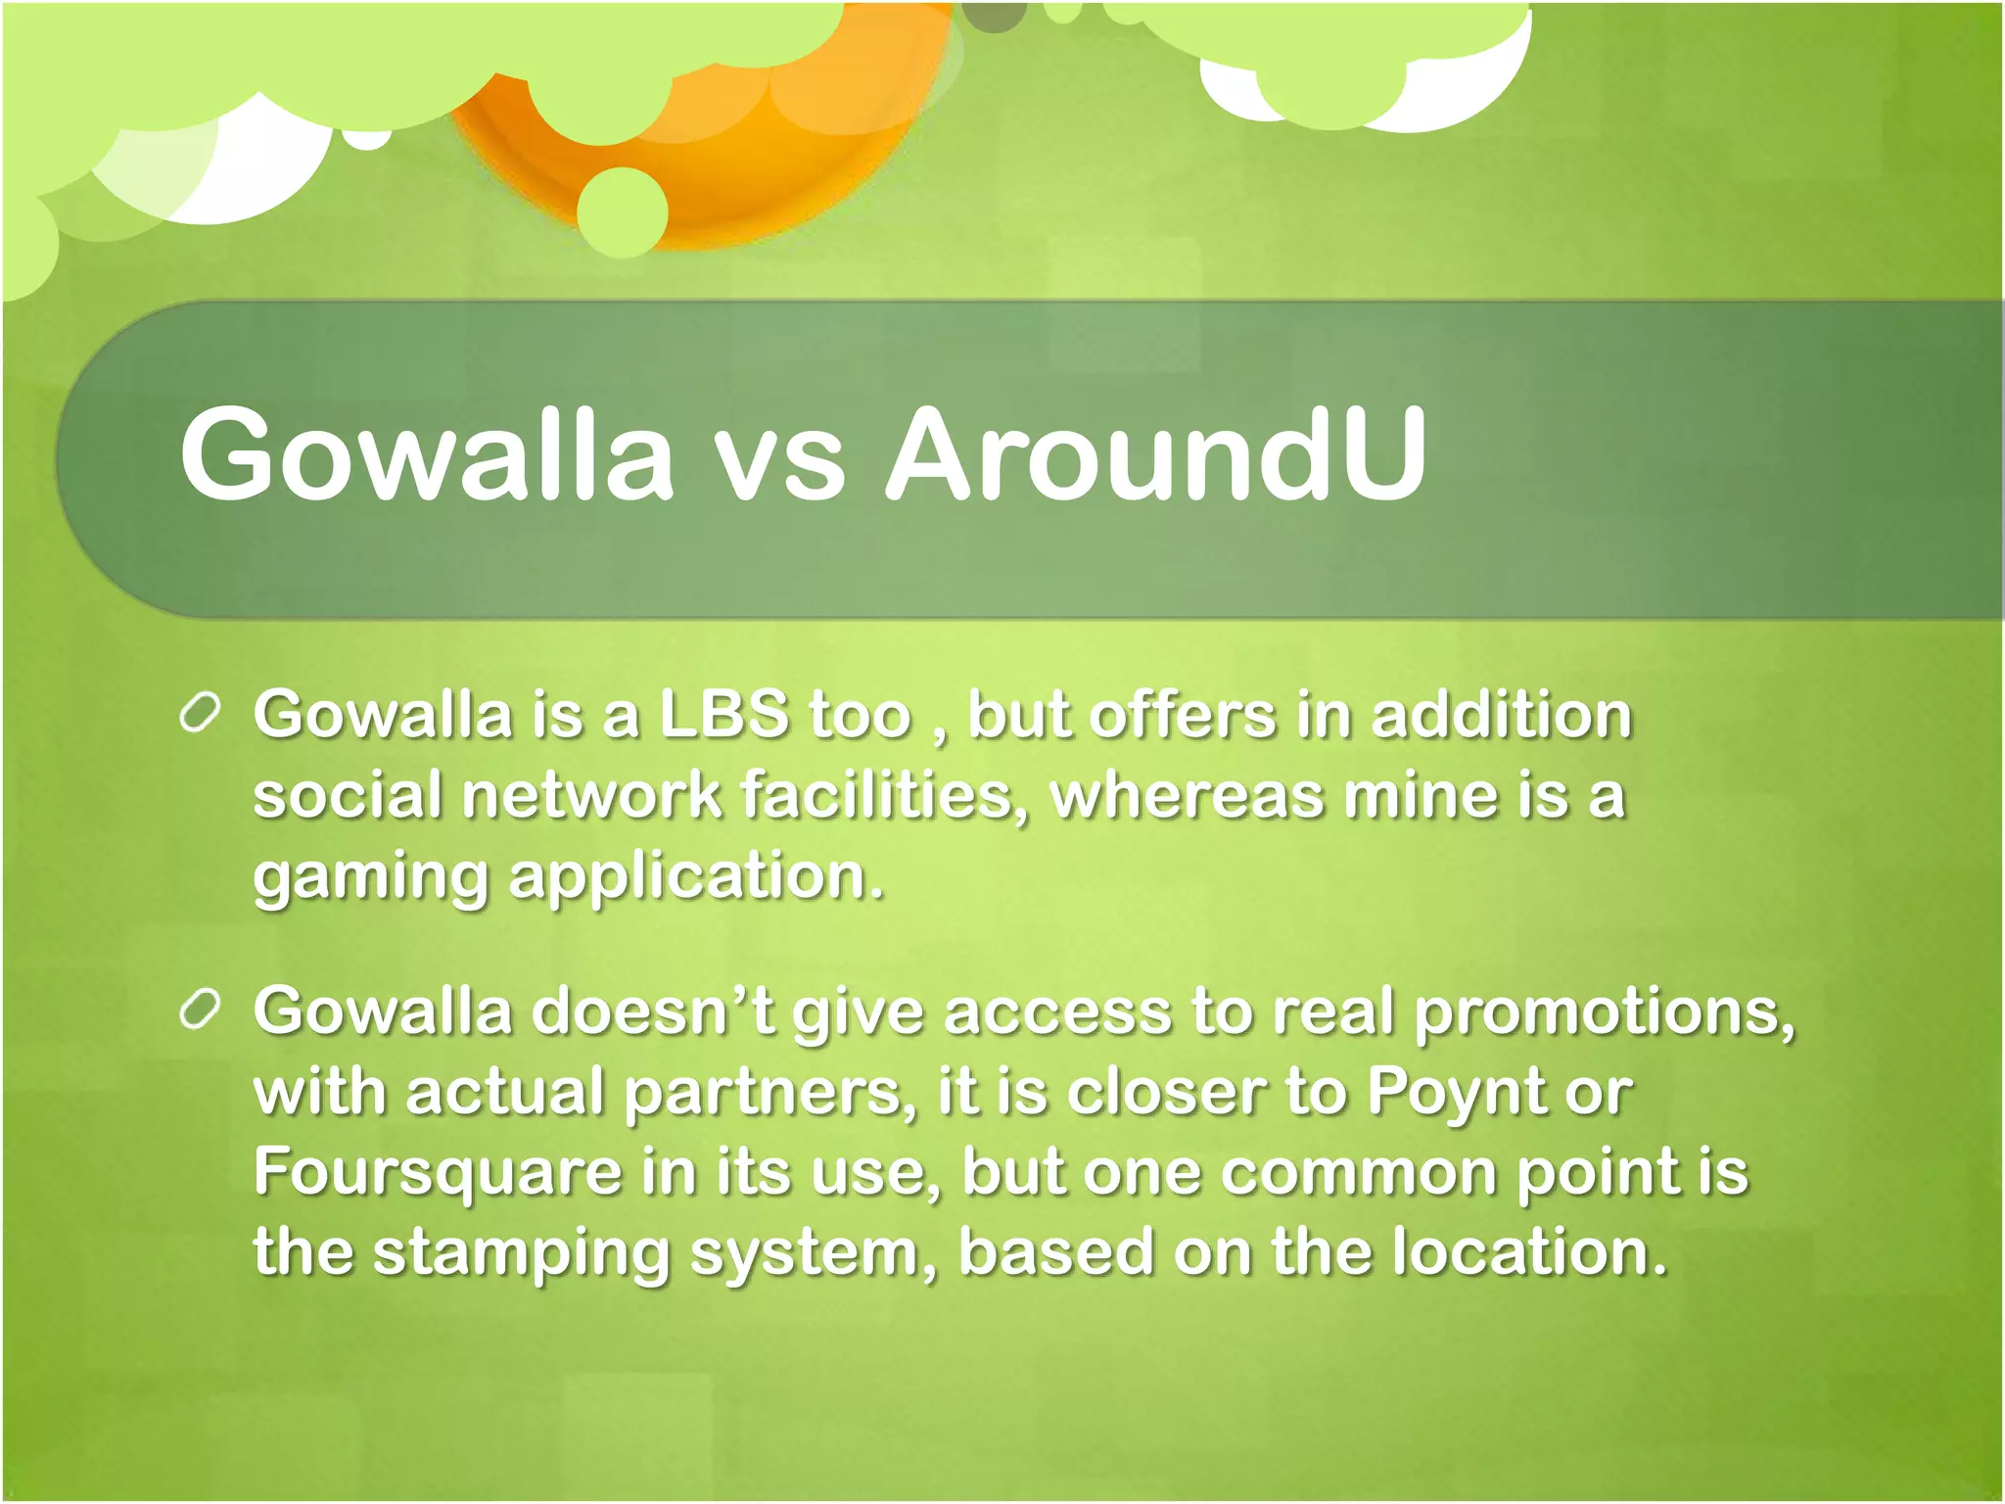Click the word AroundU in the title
[1155, 454]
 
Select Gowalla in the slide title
[427, 454]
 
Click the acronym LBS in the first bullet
[723, 714]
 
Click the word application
[696, 878]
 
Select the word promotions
[1606, 1012]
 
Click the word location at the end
[1529, 1252]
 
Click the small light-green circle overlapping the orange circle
[623, 211]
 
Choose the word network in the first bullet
[591, 795]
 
